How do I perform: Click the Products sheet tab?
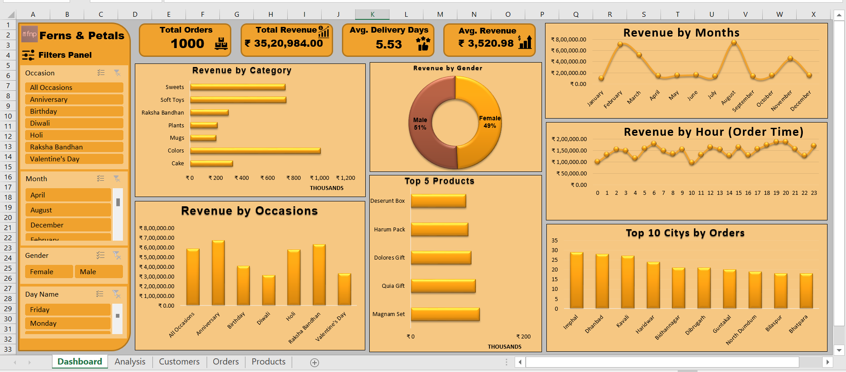268,362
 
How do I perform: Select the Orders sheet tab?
226,362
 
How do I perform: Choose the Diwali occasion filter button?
74,123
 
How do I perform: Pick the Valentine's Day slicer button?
74,159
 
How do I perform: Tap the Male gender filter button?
99,272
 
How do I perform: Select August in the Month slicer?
68,210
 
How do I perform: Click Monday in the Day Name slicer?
68,324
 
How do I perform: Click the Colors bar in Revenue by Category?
255,151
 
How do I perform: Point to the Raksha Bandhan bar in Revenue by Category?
209,112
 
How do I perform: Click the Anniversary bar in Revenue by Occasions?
218,273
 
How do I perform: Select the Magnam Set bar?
445,314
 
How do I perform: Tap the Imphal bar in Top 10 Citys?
576,280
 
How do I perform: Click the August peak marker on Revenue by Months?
734,43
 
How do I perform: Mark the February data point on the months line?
620,44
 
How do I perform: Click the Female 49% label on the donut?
490,122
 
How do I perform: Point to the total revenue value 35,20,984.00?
289,43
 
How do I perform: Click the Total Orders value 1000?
188,44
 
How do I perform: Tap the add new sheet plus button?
315,362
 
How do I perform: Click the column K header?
372,15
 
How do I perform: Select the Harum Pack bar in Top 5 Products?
439,230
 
